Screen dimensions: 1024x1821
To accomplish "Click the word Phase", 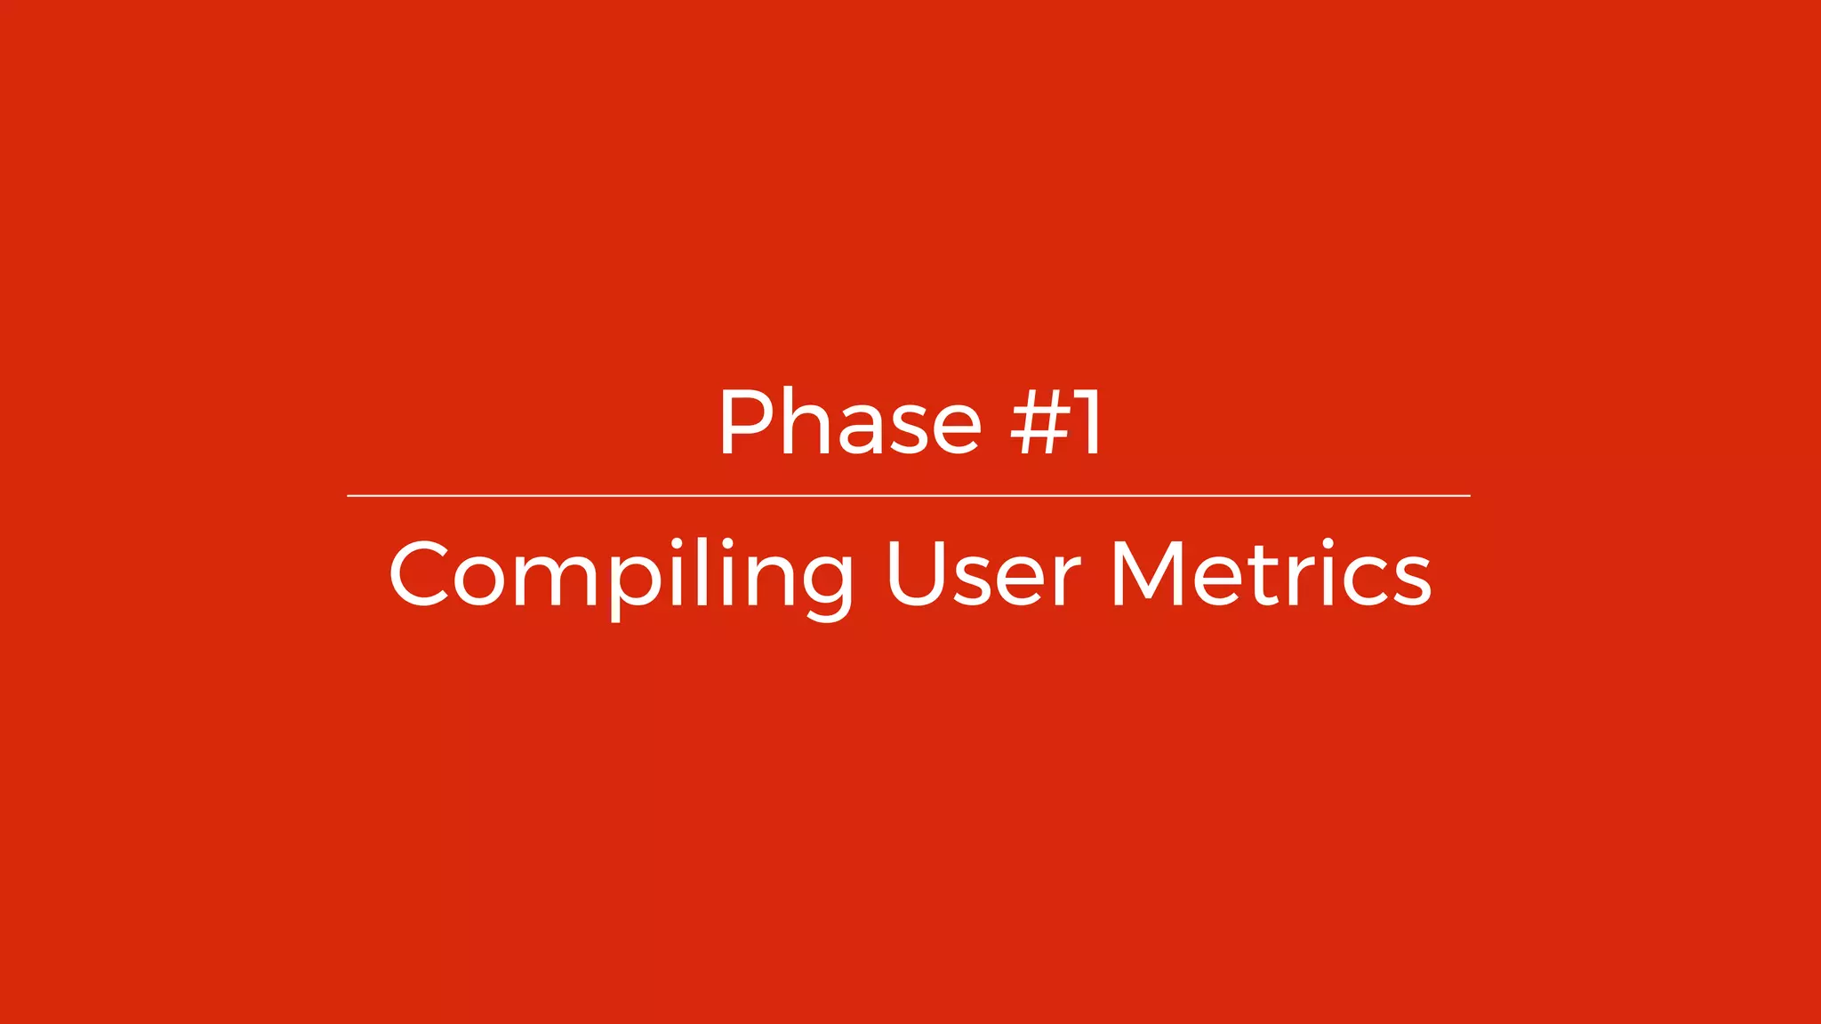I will click(849, 423).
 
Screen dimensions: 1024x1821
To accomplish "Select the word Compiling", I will click(621, 575).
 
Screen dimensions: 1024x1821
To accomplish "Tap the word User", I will click(983, 575).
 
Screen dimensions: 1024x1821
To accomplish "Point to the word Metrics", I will click(1271, 575).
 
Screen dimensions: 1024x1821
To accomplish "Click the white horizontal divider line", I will click(909, 495).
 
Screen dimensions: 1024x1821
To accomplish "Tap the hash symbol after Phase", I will click(1039, 423).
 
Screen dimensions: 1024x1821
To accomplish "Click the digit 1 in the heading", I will click(1088, 423).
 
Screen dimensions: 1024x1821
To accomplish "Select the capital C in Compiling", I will click(419, 575).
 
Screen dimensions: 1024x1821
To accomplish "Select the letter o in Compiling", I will click(485, 582).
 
